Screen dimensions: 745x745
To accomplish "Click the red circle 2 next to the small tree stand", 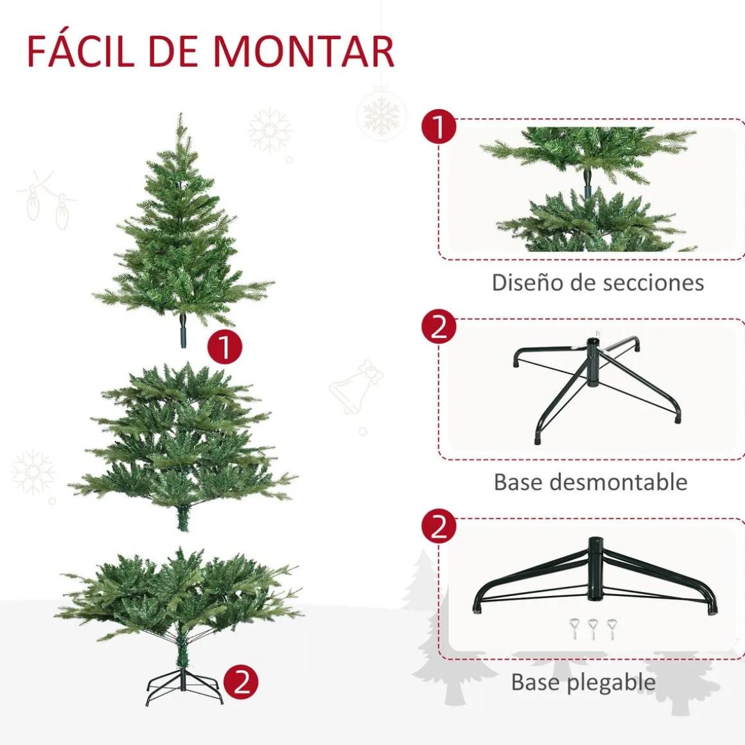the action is click(x=241, y=682).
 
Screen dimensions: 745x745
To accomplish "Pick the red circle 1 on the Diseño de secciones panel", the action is click(x=439, y=127).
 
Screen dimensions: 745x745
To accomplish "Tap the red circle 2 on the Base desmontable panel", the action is click(x=439, y=327).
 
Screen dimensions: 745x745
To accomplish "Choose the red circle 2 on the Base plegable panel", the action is click(x=439, y=527).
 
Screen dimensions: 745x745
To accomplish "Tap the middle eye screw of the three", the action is click(x=593, y=628).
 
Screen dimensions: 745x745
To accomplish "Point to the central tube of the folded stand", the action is click(x=594, y=569).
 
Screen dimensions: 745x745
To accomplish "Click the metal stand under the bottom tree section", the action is click(x=184, y=686).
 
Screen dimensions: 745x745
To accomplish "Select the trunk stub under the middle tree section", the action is click(x=184, y=518).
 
